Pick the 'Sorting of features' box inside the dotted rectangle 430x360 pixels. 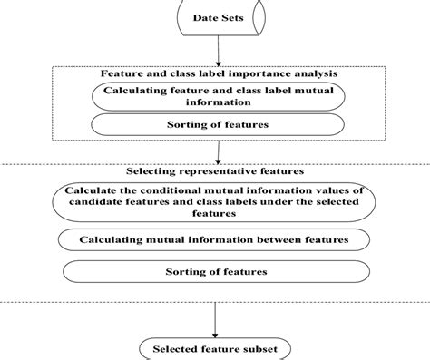(214, 125)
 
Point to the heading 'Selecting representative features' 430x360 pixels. (214, 170)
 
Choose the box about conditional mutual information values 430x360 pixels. (214, 202)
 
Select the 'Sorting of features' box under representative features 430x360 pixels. (214, 271)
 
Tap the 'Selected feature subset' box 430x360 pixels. (214, 348)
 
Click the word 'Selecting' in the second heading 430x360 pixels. (155, 170)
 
